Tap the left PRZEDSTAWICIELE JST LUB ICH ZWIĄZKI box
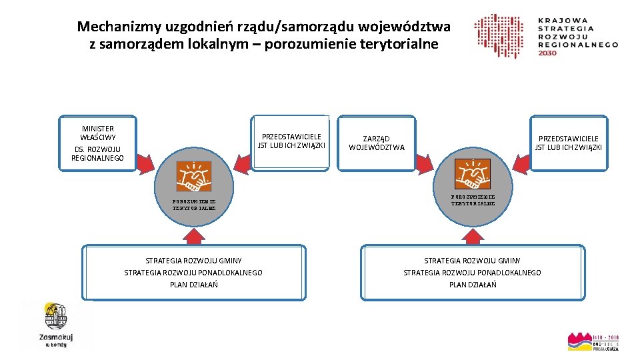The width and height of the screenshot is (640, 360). click(x=291, y=141)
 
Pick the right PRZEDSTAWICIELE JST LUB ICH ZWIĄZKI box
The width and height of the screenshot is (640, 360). click(x=568, y=143)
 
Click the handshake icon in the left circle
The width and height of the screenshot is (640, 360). click(x=193, y=176)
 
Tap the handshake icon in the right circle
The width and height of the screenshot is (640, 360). click(x=472, y=175)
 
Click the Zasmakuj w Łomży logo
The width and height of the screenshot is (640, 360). click(x=56, y=325)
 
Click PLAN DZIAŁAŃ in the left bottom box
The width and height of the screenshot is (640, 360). click(x=193, y=285)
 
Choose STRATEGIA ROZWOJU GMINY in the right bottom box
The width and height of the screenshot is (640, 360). click(x=472, y=261)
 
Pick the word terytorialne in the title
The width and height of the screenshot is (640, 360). click(x=402, y=45)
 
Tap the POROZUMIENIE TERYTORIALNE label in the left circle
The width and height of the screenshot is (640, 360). click(x=193, y=203)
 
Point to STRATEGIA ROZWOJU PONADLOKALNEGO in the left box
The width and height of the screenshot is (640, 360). click(x=193, y=273)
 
